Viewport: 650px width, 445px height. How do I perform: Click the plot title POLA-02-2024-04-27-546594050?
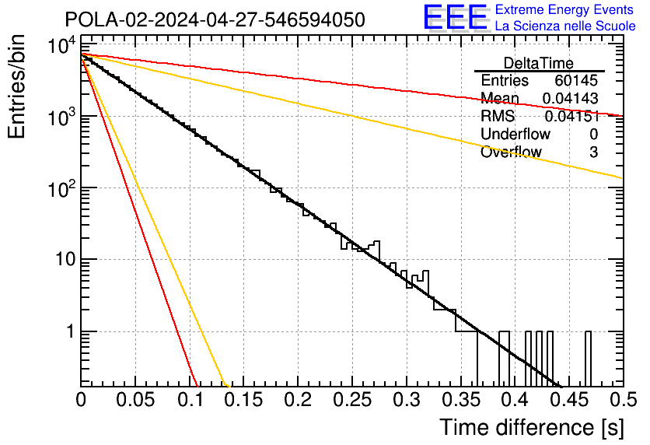215,20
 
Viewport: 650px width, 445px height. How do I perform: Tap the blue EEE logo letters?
456,17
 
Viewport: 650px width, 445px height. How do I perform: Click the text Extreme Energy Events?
564,9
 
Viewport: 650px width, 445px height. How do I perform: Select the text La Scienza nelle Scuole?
565,26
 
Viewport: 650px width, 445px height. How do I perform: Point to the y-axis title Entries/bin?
16,86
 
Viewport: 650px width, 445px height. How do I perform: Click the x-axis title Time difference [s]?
532,427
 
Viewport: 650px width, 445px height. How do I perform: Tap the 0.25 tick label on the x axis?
352,400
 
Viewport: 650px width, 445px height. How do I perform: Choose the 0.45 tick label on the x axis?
569,400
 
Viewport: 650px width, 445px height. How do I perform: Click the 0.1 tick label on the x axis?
190,400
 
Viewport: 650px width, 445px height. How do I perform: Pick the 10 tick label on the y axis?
65,260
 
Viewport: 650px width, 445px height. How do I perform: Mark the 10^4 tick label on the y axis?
61,46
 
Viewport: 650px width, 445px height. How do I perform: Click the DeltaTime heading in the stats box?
539,63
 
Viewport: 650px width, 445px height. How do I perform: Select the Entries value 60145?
576,80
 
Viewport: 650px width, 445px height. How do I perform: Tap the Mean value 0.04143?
571,98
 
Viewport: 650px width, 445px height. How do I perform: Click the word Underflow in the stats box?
515,134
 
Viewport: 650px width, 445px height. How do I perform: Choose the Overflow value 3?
593,152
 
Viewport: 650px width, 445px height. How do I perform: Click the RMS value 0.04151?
572,116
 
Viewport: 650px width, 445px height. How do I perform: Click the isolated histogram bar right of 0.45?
589,359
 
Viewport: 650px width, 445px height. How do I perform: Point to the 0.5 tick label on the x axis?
624,400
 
